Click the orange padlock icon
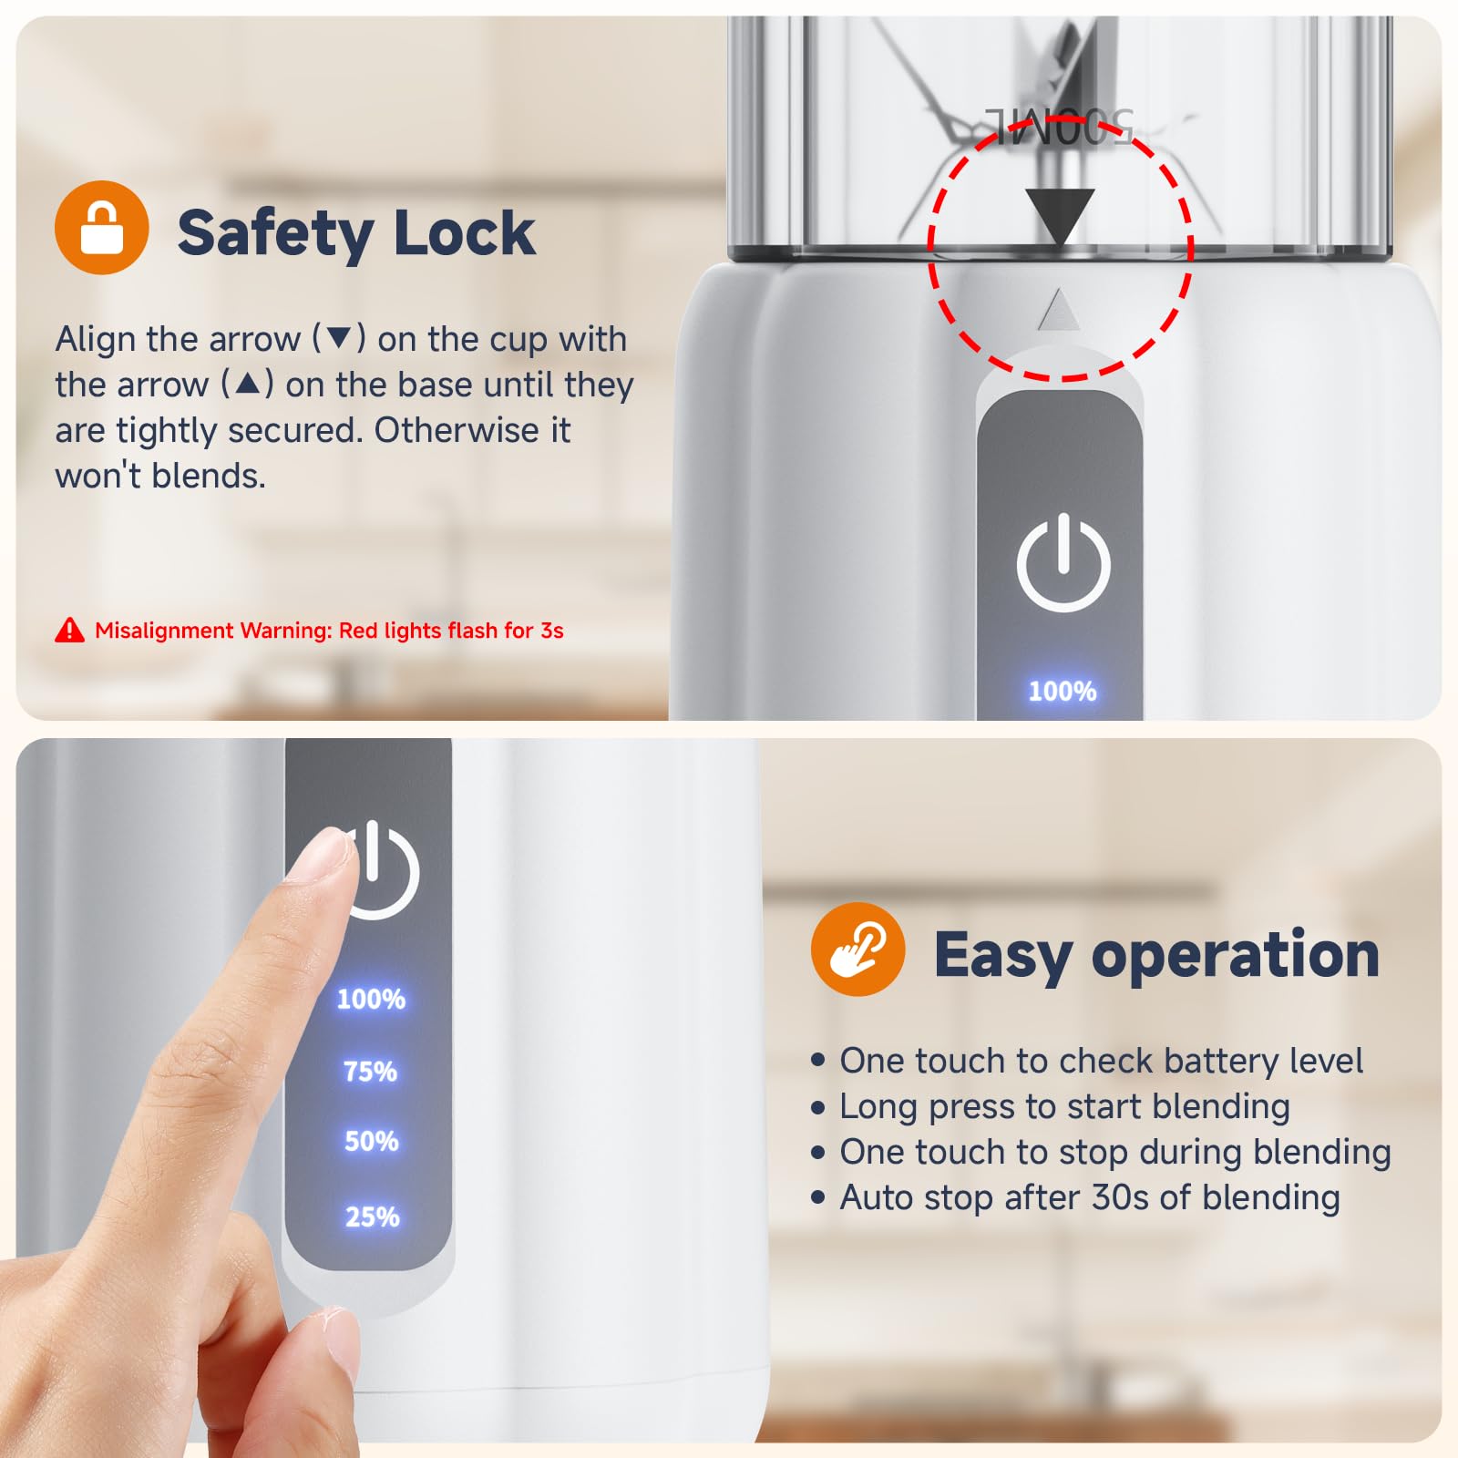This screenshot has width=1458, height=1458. (x=102, y=227)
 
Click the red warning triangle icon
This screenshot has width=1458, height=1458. (x=69, y=630)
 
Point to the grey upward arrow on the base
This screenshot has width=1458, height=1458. (x=1059, y=310)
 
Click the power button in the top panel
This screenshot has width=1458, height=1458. (x=1063, y=561)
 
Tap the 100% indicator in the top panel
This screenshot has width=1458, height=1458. (x=1063, y=692)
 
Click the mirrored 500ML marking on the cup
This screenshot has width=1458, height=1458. (x=1060, y=126)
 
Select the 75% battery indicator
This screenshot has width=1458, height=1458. (x=370, y=1072)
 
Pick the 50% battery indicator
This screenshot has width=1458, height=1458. (x=371, y=1142)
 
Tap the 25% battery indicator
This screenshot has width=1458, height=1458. (x=372, y=1217)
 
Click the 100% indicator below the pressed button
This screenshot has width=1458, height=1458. (x=371, y=1000)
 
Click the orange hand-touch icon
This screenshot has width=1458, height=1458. (x=857, y=950)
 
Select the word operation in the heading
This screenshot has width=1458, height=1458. (x=1235, y=957)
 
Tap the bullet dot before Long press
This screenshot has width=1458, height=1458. (x=817, y=1107)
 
